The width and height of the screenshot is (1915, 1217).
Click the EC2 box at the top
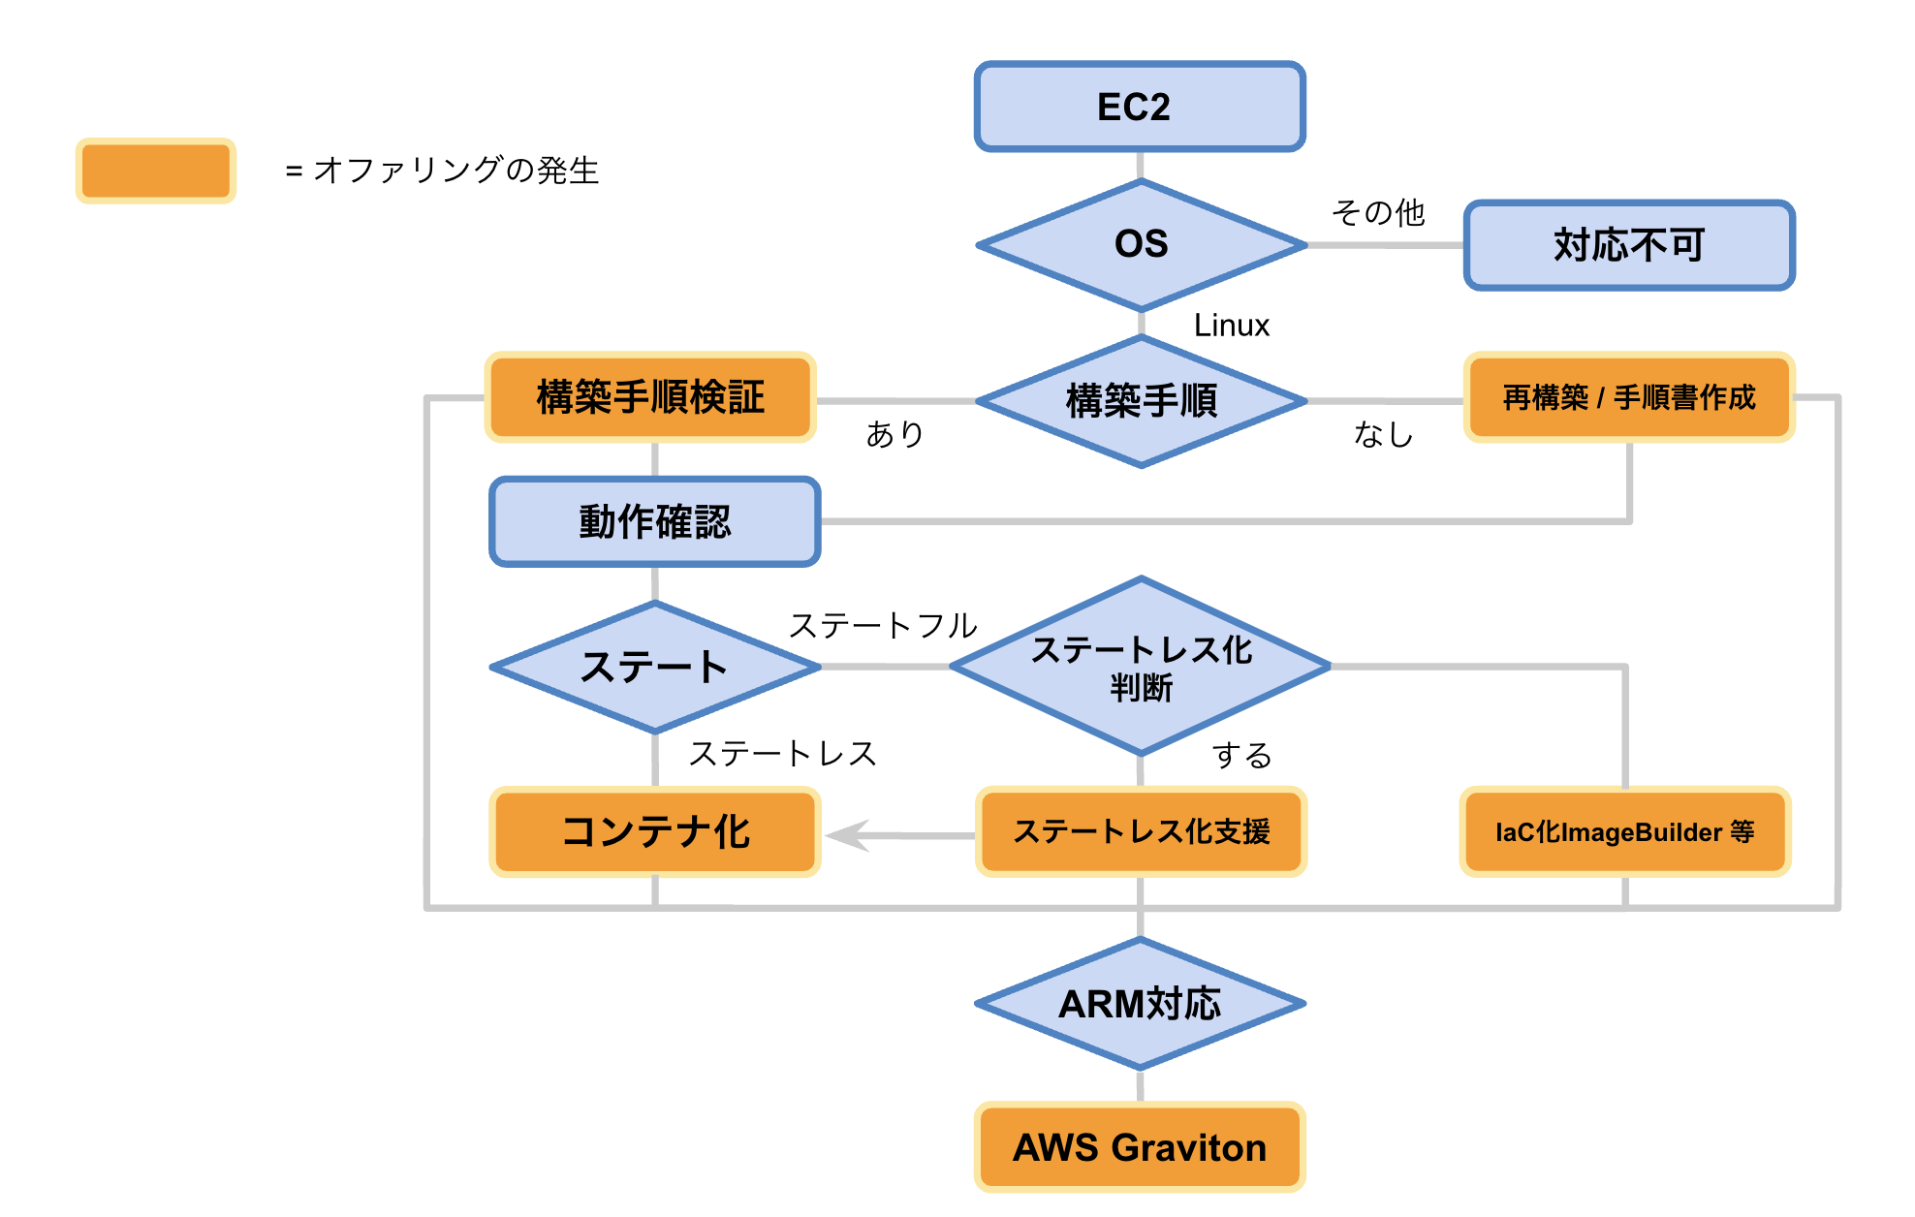click(1140, 107)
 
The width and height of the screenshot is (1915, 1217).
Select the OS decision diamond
click(1141, 244)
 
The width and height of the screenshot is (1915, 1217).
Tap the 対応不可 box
click(1629, 245)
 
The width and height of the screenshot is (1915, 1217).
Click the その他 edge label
click(1378, 212)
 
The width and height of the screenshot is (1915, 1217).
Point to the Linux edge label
click(1231, 326)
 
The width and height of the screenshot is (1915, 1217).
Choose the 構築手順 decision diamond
click(1141, 400)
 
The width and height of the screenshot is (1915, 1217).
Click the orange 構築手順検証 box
click(650, 397)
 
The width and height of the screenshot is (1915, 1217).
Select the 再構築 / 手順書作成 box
click(1629, 397)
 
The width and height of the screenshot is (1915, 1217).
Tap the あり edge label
click(895, 434)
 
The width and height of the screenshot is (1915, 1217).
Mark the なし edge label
click(1383, 434)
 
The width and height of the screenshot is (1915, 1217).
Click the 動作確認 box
click(655, 521)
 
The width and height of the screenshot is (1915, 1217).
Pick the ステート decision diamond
click(655, 667)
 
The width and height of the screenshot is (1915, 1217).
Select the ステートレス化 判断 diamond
click(1141, 667)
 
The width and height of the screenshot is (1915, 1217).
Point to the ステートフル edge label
click(883, 626)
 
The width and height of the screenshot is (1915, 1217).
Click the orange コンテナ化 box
click(655, 831)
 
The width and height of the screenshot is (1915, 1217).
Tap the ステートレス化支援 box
click(1141, 831)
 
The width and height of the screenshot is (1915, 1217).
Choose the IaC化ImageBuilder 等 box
click(1625, 831)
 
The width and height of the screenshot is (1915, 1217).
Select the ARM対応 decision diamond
click(1140, 1004)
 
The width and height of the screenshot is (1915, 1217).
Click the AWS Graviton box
click(1140, 1147)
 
